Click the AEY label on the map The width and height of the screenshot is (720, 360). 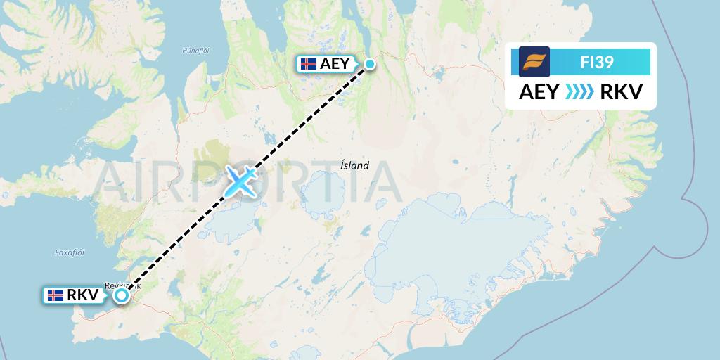(334, 64)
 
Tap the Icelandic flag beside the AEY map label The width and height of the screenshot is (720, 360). (308, 64)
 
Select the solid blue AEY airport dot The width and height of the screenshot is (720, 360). (369, 65)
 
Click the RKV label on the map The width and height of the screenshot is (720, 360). (82, 295)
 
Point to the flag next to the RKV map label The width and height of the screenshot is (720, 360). (56, 295)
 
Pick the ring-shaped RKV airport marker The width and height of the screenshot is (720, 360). (122, 295)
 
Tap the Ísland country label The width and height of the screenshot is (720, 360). (354, 166)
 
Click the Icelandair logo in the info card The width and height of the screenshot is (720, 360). (534, 61)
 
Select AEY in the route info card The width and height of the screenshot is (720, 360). (539, 91)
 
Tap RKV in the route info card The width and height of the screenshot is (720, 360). (617, 91)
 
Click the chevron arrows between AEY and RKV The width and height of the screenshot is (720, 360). (579, 92)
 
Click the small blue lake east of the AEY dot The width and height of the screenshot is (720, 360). (440, 70)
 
